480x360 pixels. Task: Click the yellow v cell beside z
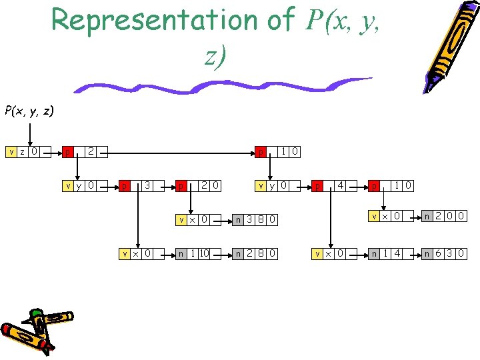coord(11,151)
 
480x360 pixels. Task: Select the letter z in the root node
coord(22,151)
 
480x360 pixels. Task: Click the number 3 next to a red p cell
coord(147,184)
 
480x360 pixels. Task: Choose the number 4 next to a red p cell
coord(341,184)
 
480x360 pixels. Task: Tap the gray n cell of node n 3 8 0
coord(239,219)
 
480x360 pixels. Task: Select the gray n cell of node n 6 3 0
coord(428,253)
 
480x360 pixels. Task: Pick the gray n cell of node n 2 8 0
coord(239,253)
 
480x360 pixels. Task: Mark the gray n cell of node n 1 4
coord(375,253)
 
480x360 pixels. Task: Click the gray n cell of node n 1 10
coord(181,253)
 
